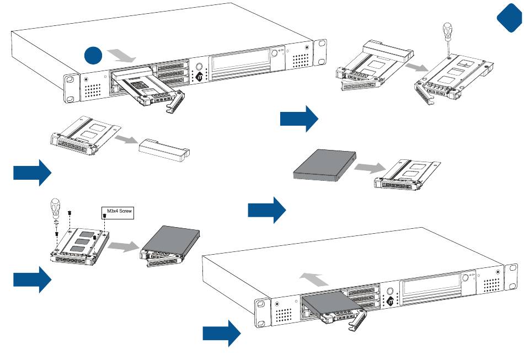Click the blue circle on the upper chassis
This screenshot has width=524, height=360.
[x=94, y=56]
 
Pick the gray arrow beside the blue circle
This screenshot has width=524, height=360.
[x=122, y=56]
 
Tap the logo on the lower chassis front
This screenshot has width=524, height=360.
[x=390, y=302]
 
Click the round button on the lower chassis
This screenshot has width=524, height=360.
[x=391, y=292]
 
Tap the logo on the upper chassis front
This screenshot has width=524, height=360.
[x=200, y=78]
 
